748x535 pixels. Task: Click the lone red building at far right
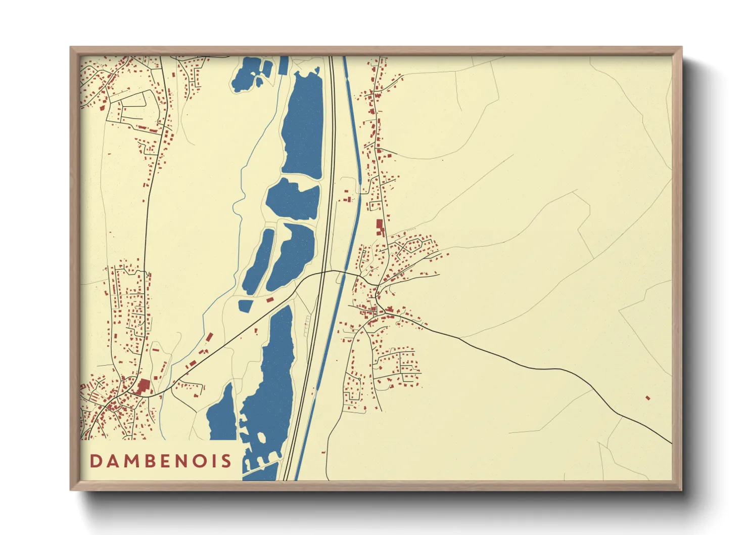[647, 398]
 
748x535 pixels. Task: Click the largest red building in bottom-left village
[144, 387]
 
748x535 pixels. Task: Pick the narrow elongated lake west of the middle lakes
[259, 260]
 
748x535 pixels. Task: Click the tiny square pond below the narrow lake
[245, 305]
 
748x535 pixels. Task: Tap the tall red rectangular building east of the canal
[380, 228]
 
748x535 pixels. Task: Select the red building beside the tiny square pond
[270, 300]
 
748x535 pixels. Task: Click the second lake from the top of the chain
[293, 199]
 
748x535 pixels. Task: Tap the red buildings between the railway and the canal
[347, 197]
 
